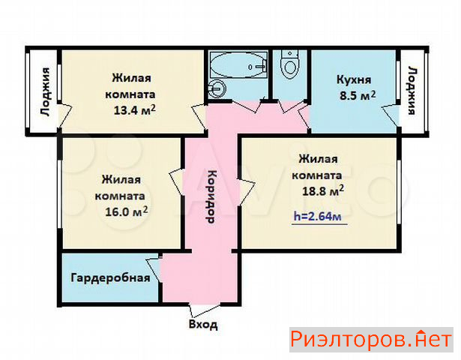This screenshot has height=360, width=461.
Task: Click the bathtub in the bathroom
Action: (x=238, y=65)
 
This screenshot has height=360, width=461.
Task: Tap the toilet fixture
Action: (x=289, y=64)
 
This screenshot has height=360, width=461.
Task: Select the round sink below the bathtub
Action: (x=217, y=88)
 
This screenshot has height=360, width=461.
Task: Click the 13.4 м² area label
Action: (x=135, y=110)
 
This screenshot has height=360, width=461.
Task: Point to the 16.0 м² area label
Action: (x=127, y=211)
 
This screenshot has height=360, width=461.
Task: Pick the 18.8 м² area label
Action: (x=323, y=191)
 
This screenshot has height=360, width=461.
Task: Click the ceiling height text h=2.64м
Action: (x=318, y=217)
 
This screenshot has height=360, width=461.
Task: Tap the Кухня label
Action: (x=354, y=80)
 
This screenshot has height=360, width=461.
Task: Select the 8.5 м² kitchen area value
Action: (x=358, y=95)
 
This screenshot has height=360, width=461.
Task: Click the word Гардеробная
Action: (x=110, y=277)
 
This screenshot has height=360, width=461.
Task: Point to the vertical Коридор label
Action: (x=211, y=196)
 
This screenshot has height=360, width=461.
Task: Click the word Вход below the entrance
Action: (x=203, y=325)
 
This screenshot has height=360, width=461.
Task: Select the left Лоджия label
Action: (x=45, y=91)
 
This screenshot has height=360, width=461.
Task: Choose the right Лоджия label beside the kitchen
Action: (x=412, y=91)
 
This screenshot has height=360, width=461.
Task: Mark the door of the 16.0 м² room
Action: (x=176, y=181)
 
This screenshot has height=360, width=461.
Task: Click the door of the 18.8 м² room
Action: (x=247, y=192)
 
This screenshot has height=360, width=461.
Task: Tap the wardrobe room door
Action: (x=154, y=270)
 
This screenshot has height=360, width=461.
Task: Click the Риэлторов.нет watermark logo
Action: (x=371, y=340)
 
